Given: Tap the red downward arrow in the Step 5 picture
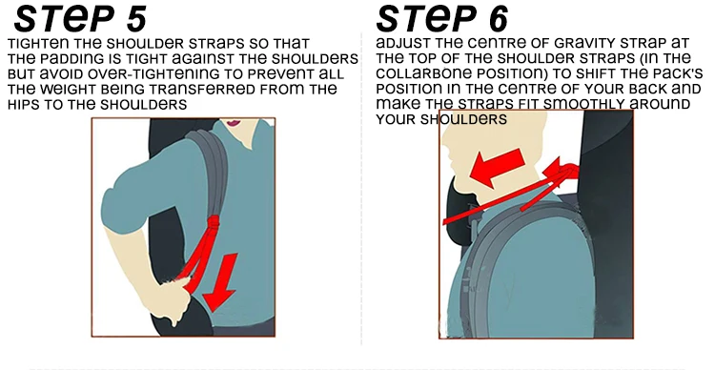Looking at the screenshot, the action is click(x=220, y=282).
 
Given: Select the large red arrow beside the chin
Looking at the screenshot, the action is click(x=496, y=167).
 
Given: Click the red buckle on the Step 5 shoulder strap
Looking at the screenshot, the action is click(x=213, y=223).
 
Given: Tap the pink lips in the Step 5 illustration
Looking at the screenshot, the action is click(x=234, y=122).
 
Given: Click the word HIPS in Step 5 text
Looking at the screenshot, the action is click(x=23, y=105).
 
